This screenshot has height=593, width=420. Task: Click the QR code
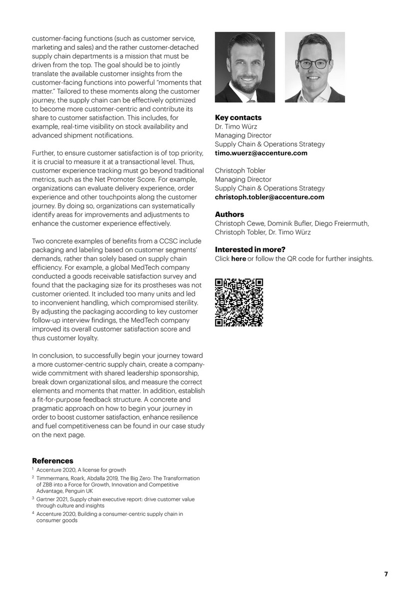pos(239,302)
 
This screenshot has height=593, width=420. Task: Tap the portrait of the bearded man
pos(245,67)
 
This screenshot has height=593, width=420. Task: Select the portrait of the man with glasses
pos(315,67)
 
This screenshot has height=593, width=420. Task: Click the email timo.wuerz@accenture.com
pos(261,153)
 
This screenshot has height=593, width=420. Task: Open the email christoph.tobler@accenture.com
pos(270,197)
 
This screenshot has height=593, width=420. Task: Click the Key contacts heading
pos(238,118)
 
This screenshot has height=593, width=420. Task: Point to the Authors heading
pos(229,214)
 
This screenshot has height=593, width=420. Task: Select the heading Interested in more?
pos(250,250)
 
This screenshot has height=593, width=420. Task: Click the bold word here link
pos(238,259)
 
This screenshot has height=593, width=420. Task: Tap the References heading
pos(52,461)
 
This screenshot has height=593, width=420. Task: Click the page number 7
pos(386,574)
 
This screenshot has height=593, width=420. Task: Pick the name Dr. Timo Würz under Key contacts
pos(236,127)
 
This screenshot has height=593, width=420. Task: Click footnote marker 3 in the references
pos(33,498)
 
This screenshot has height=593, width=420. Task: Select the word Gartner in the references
pos(45,499)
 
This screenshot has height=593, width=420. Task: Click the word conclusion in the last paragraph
pos(55,356)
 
